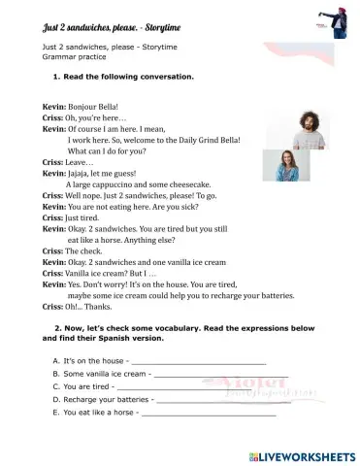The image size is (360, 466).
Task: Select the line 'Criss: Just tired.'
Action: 70,206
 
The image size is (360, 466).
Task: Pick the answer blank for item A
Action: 184,361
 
